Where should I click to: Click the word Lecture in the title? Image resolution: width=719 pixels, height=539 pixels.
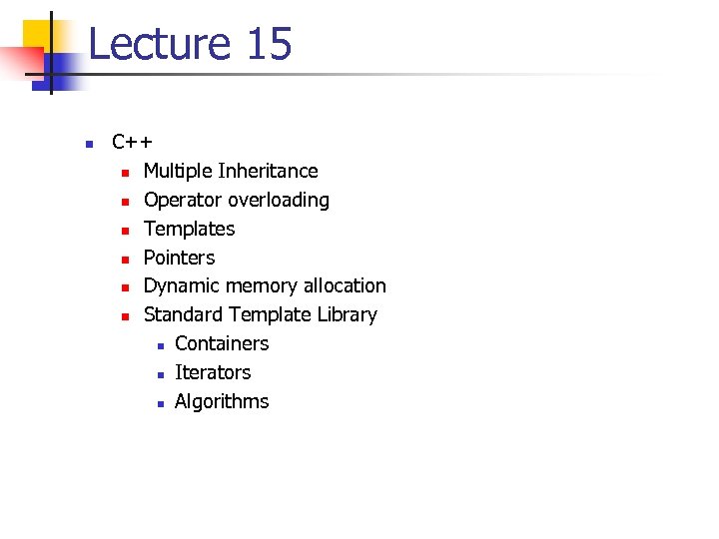click(x=159, y=45)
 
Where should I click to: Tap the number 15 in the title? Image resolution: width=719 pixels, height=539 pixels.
click(x=268, y=45)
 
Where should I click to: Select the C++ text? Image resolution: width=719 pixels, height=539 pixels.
click(x=132, y=143)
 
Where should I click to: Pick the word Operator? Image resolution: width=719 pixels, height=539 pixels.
click(x=183, y=201)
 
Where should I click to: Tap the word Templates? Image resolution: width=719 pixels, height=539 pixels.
click(x=189, y=230)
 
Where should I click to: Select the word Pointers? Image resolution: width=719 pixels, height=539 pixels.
click(x=179, y=258)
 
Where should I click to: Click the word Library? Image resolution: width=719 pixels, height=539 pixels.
click(x=347, y=315)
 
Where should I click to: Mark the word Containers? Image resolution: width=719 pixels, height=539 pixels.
click(x=221, y=344)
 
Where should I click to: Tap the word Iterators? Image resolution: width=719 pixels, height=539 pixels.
click(x=212, y=373)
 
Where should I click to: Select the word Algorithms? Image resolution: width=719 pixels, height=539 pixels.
click(x=221, y=402)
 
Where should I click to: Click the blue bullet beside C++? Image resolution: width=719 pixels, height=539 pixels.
click(x=88, y=144)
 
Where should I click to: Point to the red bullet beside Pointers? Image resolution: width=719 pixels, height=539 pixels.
click(x=125, y=260)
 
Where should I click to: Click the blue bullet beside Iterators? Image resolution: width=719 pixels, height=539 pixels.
click(x=158, y=374)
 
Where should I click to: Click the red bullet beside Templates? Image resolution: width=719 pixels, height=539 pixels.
click(x=125, y=231)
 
